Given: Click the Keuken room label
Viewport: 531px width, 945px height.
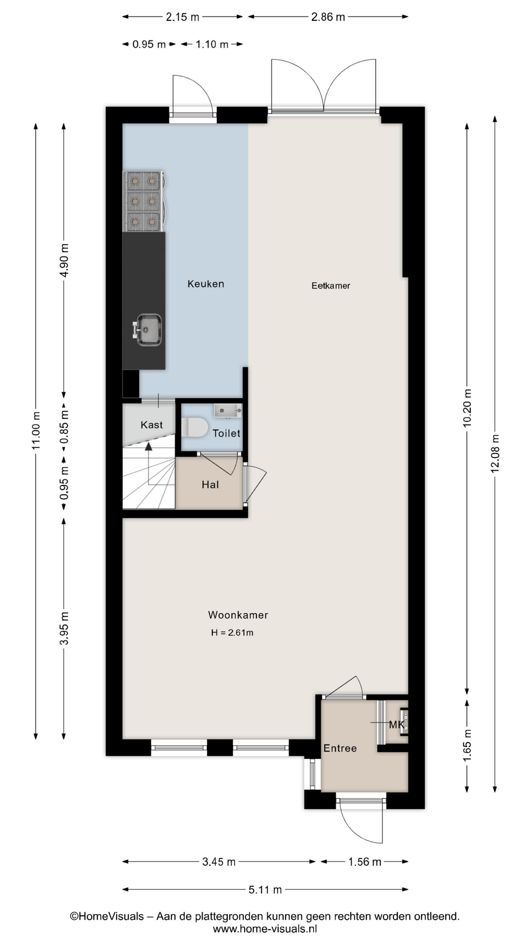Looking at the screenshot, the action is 206,284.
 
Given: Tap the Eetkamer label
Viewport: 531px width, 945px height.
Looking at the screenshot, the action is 331,285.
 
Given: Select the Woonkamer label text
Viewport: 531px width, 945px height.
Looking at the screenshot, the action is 238,615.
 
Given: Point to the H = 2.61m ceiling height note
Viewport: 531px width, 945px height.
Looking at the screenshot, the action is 232,632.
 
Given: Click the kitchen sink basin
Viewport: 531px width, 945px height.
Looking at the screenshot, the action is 149,329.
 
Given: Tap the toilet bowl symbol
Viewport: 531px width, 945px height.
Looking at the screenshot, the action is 195,427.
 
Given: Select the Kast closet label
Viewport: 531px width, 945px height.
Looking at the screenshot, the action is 151,425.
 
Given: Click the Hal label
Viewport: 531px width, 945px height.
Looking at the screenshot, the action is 210,485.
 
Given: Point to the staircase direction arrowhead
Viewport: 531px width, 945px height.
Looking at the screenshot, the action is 148,446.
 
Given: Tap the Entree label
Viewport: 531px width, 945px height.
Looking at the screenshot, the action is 340,748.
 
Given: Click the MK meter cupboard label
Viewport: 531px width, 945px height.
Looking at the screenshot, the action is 397,724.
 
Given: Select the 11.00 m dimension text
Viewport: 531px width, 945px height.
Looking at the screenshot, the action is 36,431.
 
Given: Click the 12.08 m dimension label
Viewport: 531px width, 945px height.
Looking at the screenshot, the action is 495,453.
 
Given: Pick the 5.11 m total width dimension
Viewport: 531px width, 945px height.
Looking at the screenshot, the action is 265,889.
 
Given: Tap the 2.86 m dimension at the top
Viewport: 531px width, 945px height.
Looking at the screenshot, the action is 328,17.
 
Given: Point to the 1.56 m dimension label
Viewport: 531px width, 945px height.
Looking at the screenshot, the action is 365,862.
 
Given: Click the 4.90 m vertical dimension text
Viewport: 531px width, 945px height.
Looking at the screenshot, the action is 64,260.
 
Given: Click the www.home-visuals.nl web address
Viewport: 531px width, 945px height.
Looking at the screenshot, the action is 265,929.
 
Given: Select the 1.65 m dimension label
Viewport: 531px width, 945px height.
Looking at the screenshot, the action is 467,745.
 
